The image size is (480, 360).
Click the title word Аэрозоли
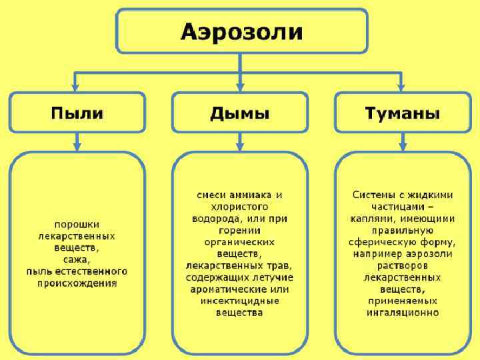point(242,31)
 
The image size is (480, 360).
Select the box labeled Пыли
point(77,113)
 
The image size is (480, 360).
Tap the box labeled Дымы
point(240,113)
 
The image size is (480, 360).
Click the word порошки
point(77,225)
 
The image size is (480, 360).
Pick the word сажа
point(77,259)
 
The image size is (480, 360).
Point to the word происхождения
point(77,283)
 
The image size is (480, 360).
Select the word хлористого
point(240,206)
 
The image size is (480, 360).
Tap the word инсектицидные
point(240,301)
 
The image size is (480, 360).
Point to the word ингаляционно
point(402,312)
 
